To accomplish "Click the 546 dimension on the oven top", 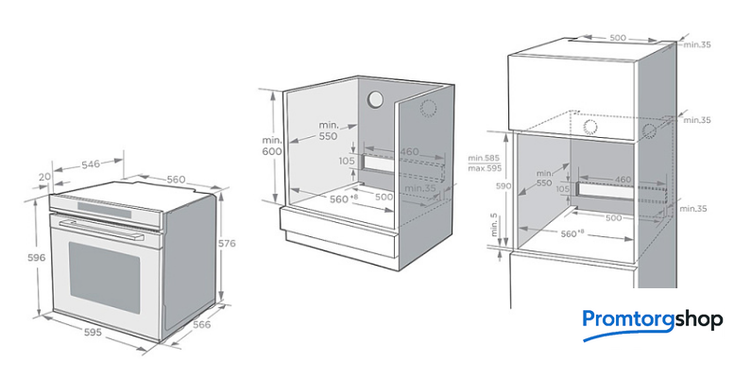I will (91, 164).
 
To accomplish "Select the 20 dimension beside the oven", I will (44, 177).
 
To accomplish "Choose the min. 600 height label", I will (273, 146).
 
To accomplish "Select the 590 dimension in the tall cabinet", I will (503, 187).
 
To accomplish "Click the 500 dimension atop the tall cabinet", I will (617, 38).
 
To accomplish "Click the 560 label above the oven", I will (175, 179).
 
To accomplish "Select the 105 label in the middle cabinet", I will (346, 161).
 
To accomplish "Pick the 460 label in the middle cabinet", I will (408, 150).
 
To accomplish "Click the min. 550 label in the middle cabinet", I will (328, 130).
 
